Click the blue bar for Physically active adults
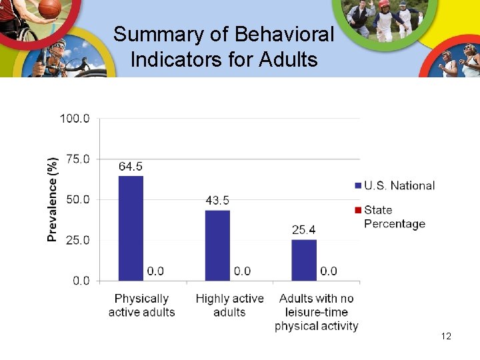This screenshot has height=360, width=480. tap(131, 228)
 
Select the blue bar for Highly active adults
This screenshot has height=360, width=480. tap(217, 245)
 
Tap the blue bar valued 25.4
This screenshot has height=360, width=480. tap(304, 260)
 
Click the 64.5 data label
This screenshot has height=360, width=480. tap(131, 167)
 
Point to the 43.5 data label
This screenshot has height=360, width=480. tap(217, 201)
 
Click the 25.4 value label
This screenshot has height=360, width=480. tap(304, 230)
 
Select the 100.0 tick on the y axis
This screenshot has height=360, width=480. tap(75, 119)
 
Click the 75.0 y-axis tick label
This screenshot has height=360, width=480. tap(77, 159)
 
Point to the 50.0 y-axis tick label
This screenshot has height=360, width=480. tap(77, 199)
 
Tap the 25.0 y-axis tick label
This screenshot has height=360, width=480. tap(77, 240)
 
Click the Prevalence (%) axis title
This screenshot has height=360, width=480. tap(52, 199)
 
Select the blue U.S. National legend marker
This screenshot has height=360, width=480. tap(358, 186)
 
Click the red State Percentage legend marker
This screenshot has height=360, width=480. tap(358, 211)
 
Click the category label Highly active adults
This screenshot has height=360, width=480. tap(229, 305)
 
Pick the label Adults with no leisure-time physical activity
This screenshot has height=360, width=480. tap(317, 312)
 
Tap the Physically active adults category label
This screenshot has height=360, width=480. tap(141, 305)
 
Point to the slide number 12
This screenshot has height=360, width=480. tap(446, 336)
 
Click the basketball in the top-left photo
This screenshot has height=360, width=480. tap(49, 8)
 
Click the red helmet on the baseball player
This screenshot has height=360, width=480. tap(383, 4)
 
